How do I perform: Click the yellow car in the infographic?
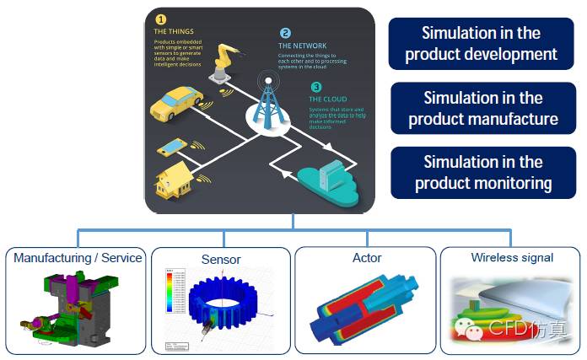click(x=178, y=105)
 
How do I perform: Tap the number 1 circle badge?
click(x=161, y=19)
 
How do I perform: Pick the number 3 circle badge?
click(x=315, y=86)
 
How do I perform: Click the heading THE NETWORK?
click(x=299, y=45)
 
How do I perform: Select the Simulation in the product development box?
click(x=482, y=43)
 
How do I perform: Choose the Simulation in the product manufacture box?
click(x=482, y=108)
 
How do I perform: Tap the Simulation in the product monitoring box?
click(x=482, y=172)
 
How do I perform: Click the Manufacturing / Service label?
click(x=78, y=257)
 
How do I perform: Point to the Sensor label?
click(x=221, y=259)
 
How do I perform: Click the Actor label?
click(x=367, y=257)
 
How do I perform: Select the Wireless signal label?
click(x=512, y=257)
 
